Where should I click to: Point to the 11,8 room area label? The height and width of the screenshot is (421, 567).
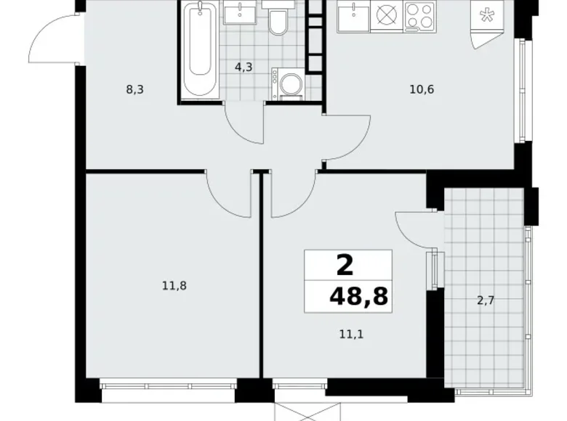click(x=174, y=286)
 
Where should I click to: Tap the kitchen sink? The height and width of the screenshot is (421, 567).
click(x=354, y=15)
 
